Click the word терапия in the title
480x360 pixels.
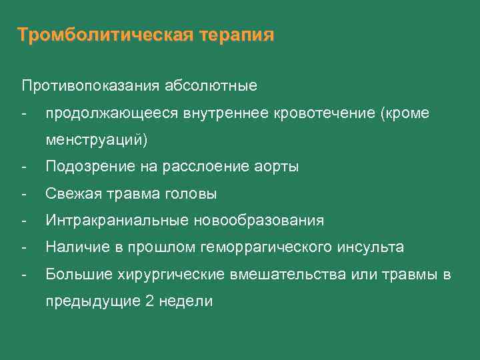pyautogui.click(x=236, y=35)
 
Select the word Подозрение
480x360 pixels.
pyautogui.click(x=83, y=167)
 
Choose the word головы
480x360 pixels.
pyautogui.click(x=192, y=194)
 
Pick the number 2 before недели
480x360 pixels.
pyautogui.click(x=148, y=301)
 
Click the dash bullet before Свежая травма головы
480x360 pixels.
pyautogui.click(x=25, y=194)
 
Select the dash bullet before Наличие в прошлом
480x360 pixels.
pyautogui.click(x=25, y=247)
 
